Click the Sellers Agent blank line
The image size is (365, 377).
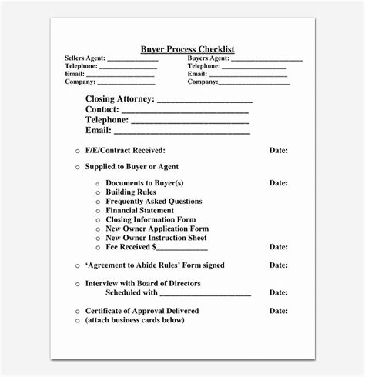coord(132,59)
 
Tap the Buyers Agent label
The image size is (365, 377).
coord(209,58)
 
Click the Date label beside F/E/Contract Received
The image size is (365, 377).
coord(278,150)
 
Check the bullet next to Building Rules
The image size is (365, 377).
coord(97,193)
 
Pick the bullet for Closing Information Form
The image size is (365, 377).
coord(97,220)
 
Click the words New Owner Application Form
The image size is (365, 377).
coord(157,229)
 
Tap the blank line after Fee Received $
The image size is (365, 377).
coord(182,249)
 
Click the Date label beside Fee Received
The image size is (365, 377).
coord(278,247)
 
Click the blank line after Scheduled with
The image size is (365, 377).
coord(206,295)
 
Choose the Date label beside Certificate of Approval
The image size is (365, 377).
coord(278,311)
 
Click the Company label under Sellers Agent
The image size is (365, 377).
coord(79,82)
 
